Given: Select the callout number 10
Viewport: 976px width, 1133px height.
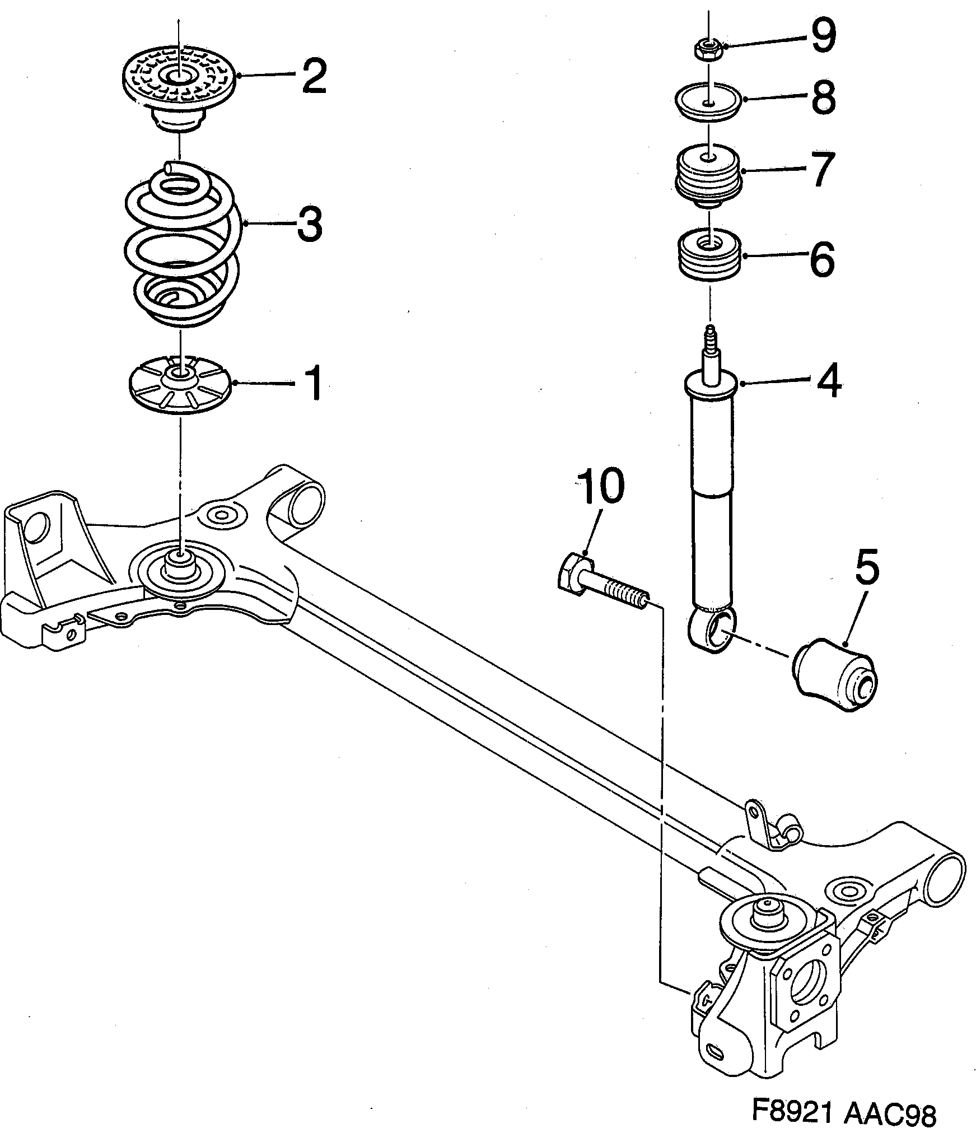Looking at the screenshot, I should (601, 487).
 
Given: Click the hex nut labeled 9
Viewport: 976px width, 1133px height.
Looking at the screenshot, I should (708, 50).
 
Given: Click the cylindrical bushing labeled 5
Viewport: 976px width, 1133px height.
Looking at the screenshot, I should (835, 673).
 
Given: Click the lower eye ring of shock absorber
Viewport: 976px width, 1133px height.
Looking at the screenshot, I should (712, 631).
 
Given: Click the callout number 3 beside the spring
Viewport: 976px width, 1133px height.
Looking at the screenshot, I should (309, 223).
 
